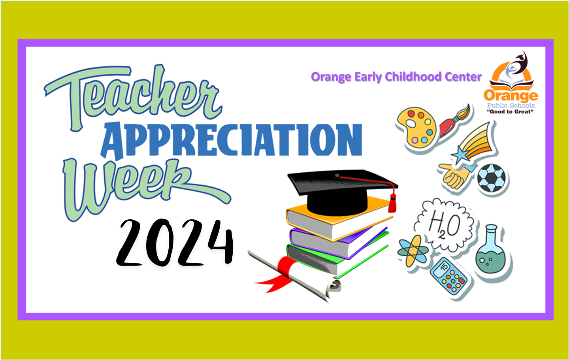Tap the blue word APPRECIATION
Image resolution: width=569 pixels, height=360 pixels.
tap(231, 140)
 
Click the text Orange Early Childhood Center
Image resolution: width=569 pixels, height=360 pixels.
tap(396, 77)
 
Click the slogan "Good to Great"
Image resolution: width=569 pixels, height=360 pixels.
tap(510, 111)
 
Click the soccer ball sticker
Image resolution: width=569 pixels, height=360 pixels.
tap(492, 178)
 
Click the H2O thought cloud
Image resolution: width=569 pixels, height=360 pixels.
tap(444, 225)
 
